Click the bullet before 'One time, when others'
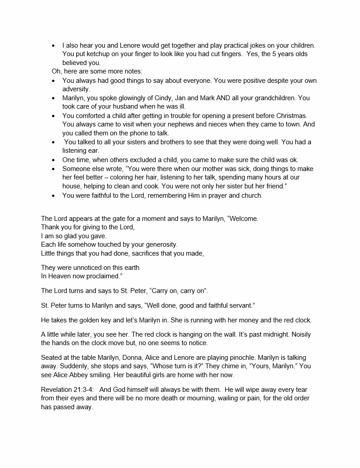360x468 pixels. [53, 160]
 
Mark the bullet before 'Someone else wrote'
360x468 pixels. [53, 169]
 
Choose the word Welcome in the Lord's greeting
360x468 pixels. [242, 219]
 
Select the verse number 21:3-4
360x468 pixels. [87, 390]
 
